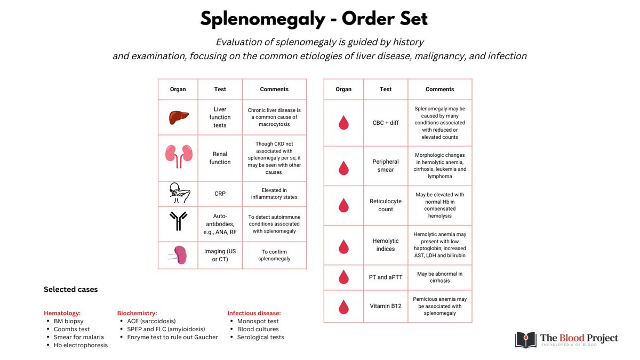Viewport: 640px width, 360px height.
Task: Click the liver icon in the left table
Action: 178,117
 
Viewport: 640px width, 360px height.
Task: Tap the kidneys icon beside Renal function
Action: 178,154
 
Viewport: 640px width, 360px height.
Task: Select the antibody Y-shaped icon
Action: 178,220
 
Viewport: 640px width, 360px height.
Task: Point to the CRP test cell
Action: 220,193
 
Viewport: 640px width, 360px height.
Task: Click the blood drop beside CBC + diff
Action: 343,122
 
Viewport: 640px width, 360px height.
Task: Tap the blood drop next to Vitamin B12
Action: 343,306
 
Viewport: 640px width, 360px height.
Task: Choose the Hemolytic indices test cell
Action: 386,245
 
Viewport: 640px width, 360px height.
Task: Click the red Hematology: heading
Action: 62,313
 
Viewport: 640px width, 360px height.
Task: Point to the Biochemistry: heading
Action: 137,313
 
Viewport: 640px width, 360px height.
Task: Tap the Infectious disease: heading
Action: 254,313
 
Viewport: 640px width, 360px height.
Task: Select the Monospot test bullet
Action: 258,321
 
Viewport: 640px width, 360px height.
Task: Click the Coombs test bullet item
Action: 71,329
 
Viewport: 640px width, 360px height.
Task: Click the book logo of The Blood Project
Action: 526,340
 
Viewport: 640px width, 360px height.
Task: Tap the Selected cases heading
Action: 70,290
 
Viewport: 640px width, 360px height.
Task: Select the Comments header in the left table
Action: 274,89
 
